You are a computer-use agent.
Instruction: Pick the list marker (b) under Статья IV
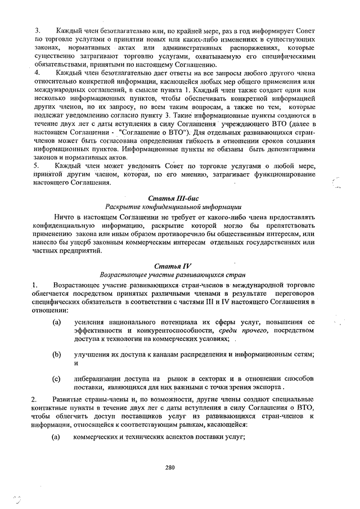(x=56, y=355)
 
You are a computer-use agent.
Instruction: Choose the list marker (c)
(x=56, y=379)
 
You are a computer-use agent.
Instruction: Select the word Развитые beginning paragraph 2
(x=70, y=398)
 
